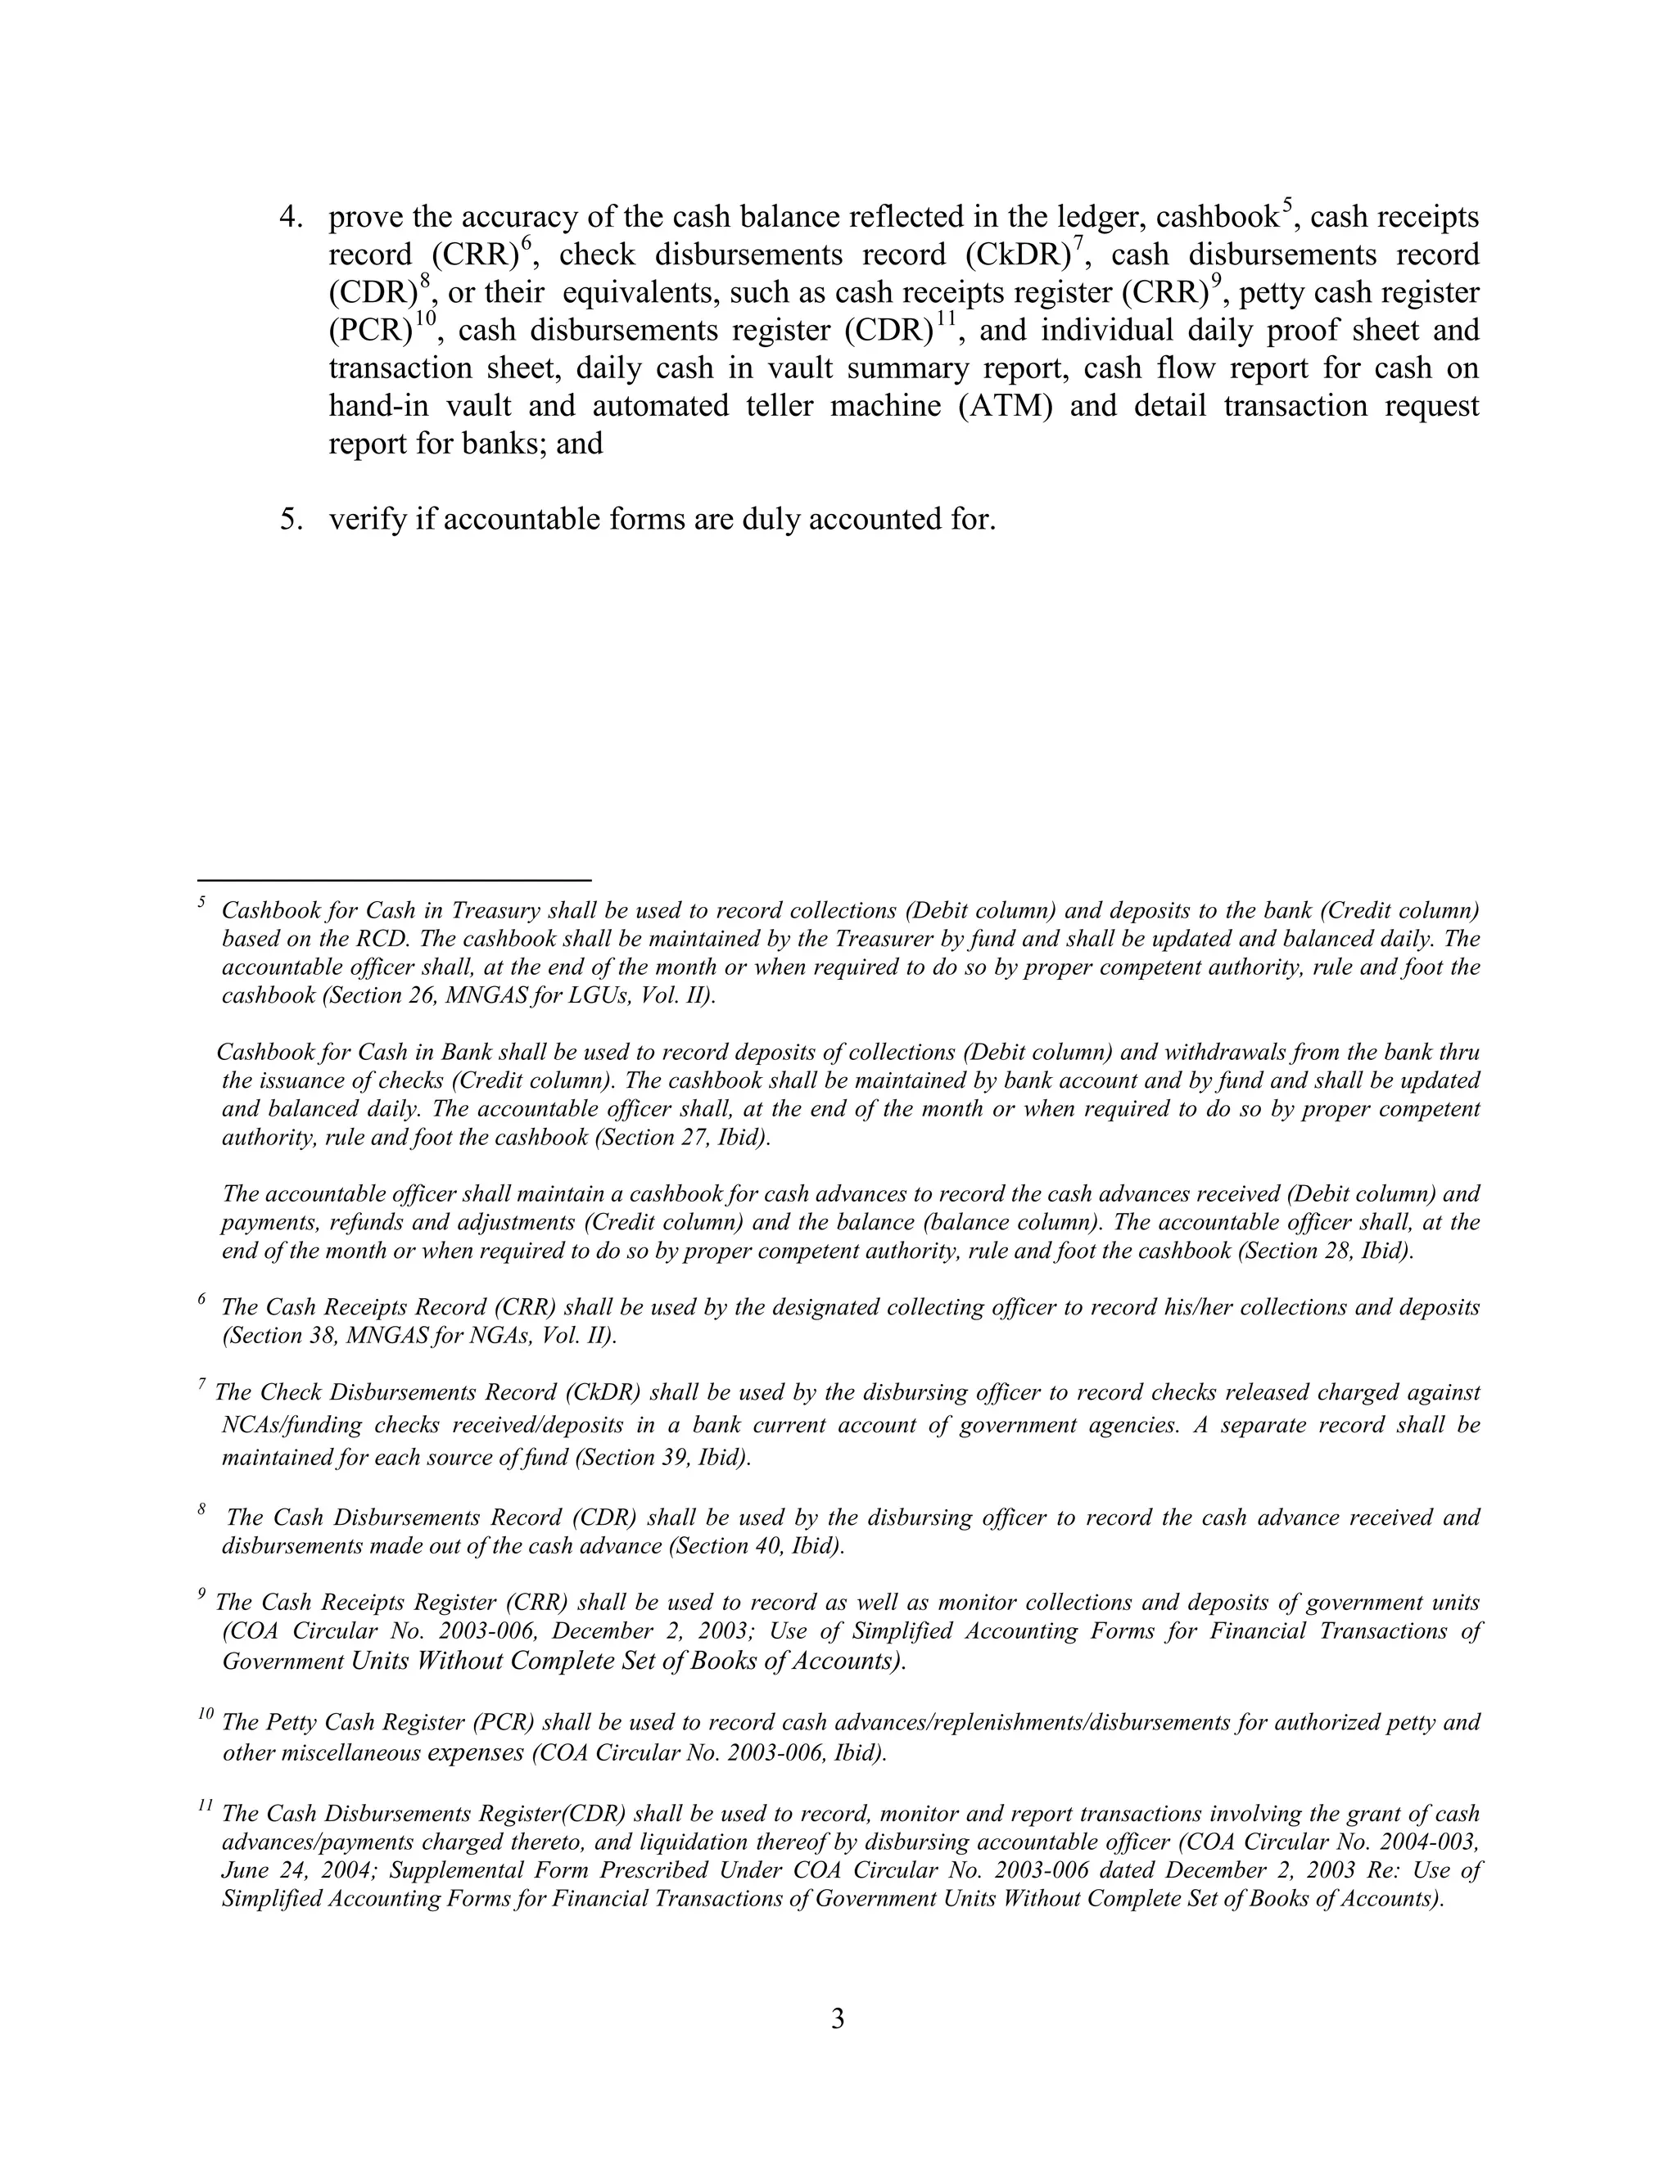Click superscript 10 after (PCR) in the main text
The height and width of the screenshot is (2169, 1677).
[425, 318]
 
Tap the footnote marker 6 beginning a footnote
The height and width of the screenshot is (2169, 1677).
[201, 1298]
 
